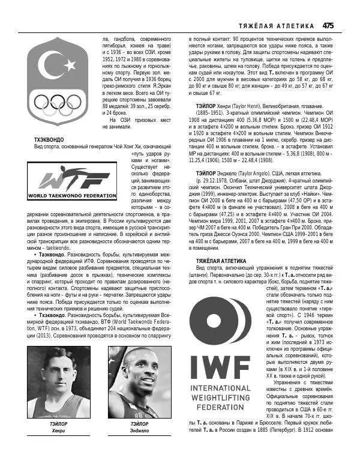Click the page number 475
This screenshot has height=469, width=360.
328,25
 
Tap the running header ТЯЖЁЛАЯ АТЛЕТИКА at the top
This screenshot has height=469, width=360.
277,26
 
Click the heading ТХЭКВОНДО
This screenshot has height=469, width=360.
50,139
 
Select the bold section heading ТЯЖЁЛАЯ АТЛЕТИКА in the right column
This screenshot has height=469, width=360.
221,261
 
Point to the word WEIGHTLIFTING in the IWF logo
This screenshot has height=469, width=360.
220,397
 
